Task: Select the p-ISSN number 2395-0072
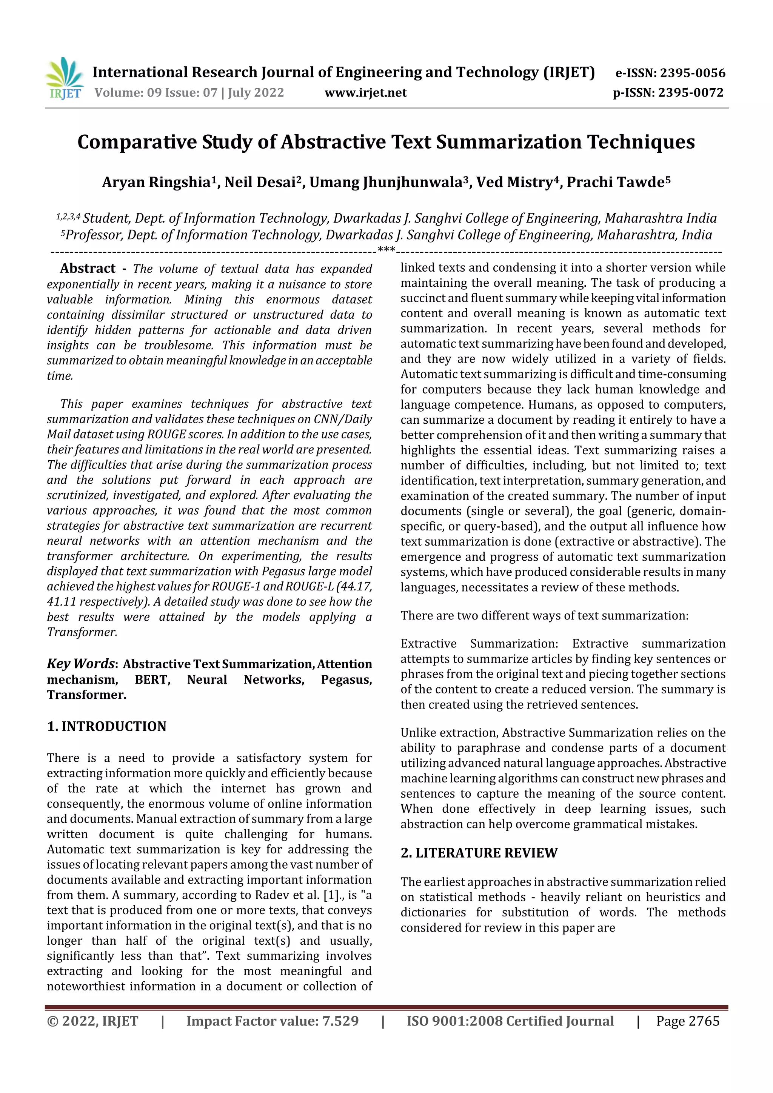(691, 92)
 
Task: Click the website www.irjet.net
(365, 92)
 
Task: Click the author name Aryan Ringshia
(156, 182)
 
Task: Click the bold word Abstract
(88, 269)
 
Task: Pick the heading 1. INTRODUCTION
(107, 726)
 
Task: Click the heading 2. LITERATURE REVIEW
(479, 853)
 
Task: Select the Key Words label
(80, 664)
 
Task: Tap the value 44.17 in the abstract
(357, 586)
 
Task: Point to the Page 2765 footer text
(687, 1021)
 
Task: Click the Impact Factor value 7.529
(340, 1021)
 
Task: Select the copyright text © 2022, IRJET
(92, 1021)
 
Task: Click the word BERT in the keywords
(152, 679)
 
